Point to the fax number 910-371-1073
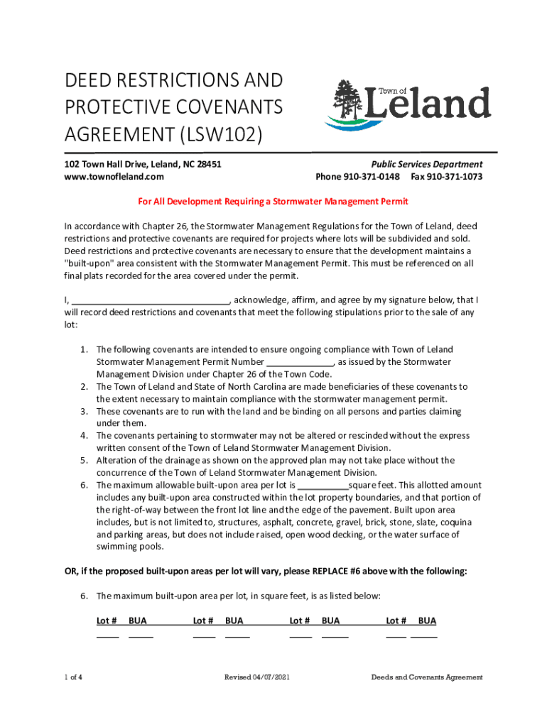point(456,176)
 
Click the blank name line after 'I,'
point(151,300)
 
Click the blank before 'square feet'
point(323,486)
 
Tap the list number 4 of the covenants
point(83,436)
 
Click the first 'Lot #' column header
point(107,621)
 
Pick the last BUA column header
point(427,621)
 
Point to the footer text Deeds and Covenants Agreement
point(426,677)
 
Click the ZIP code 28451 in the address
point(207,164)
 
